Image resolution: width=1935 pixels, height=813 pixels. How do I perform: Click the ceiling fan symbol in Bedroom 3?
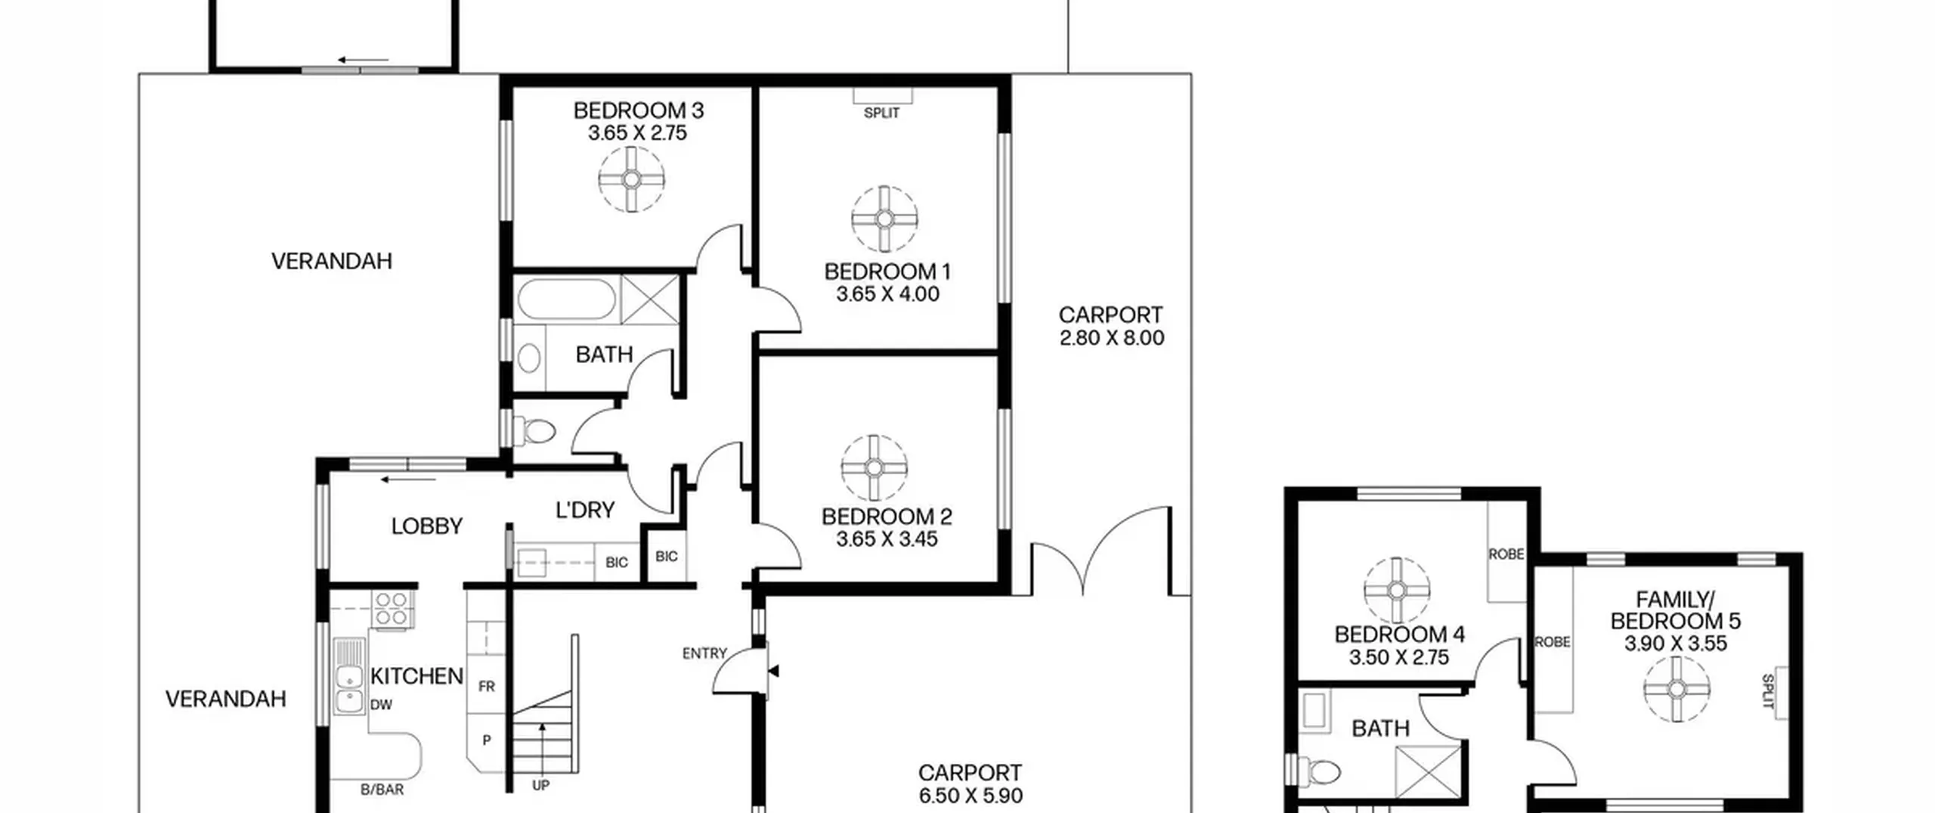(631, 179)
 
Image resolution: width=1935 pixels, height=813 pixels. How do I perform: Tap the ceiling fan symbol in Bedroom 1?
(884, 219)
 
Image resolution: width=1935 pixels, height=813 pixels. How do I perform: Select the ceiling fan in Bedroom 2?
(873, 468)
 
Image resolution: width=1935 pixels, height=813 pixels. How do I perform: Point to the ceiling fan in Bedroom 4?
(1397, 591)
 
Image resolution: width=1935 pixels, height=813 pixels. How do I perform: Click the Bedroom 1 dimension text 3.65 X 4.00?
(887, 294)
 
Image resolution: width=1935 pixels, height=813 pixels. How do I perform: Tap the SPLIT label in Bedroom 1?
(881, 113)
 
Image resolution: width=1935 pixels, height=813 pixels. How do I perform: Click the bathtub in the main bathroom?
(566, 299)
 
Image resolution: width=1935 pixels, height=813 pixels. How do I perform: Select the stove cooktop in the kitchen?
(392, 610)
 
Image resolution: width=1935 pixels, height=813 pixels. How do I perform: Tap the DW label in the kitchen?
(381, 705)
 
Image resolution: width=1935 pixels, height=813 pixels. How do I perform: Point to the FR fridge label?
(486, 686)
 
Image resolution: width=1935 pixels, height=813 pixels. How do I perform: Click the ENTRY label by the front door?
(704, 653)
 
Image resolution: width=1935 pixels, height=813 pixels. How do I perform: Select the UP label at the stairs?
(540, 786)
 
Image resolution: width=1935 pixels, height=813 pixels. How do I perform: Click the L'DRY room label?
(585, 510)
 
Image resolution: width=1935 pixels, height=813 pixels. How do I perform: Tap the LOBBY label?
(427, 526)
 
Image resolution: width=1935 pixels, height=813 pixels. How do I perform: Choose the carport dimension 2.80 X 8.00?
(1112, 338)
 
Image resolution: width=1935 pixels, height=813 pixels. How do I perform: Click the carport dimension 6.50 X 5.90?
(971, 796)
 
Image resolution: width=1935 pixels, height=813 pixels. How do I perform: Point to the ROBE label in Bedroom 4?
(1506, 554)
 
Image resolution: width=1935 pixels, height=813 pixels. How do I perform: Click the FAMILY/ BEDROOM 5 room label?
(1676, 610)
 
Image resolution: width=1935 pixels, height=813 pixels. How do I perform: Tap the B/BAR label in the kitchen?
(382, 790)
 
